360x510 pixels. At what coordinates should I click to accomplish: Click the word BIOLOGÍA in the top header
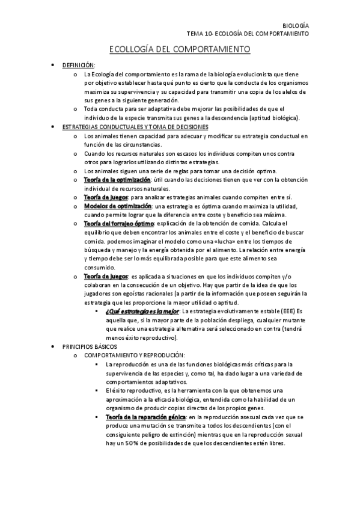(296, 26)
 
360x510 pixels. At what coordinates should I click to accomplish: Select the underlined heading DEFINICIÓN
(79, 65)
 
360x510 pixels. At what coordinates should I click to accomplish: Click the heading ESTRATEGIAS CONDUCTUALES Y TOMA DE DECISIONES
(136, 127)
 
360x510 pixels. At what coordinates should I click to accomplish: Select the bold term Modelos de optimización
(117, 206)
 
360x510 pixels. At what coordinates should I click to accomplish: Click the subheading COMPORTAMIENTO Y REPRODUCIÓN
(135, 355)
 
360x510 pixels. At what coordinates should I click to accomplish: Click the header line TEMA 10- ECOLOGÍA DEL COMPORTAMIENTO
(248, 34)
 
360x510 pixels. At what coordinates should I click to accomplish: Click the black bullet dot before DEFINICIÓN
(55, 65)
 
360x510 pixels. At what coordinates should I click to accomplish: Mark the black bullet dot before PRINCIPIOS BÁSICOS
(55, 347)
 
